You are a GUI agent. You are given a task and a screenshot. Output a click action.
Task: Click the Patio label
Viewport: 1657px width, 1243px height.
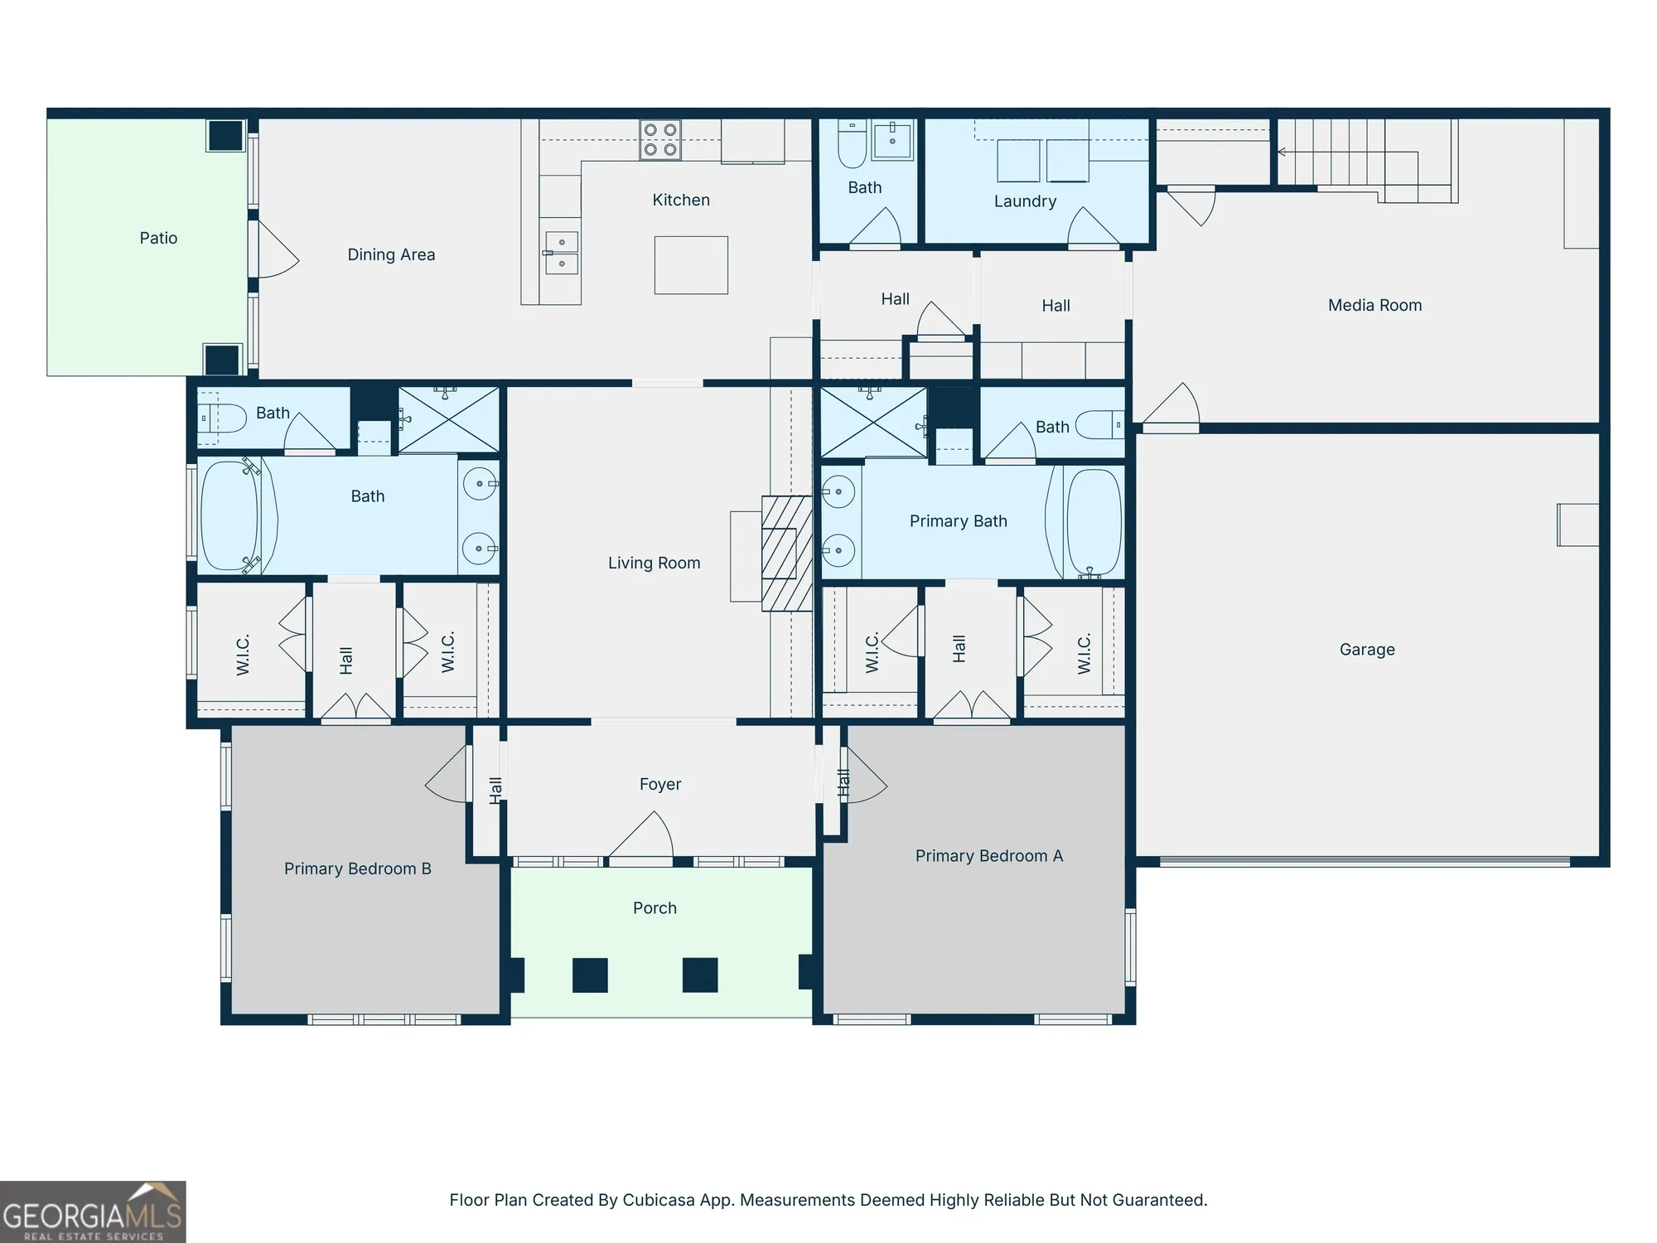click(158, 239)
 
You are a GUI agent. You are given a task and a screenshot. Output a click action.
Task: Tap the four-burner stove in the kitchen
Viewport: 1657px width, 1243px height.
click(660, 140)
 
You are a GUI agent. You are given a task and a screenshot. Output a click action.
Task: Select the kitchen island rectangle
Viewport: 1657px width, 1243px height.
click(691, 265)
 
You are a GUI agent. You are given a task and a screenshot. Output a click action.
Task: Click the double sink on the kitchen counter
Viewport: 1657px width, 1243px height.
click(562, 253)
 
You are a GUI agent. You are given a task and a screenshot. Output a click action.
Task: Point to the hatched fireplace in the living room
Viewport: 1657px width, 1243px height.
click(785, 554)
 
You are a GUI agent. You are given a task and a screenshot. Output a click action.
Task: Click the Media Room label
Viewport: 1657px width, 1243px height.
click(1374, 306)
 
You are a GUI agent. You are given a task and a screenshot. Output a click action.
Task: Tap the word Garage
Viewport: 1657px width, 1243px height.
click(1367, 650)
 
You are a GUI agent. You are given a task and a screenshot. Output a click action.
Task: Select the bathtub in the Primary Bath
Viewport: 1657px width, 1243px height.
click(1094, 523)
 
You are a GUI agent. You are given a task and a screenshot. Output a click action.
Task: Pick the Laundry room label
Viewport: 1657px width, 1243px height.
click(1025, 201)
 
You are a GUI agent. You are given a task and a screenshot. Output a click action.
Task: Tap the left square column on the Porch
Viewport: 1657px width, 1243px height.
click(590, 975)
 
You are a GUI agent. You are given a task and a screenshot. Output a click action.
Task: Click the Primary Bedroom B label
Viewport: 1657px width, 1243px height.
click(357, 868)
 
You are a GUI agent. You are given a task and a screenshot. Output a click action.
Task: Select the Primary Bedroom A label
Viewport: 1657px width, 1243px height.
click(988, 856)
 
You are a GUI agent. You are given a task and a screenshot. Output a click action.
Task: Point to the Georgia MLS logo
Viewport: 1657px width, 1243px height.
click(93, 1212)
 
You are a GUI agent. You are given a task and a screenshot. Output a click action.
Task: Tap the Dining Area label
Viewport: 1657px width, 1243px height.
click(391, 255)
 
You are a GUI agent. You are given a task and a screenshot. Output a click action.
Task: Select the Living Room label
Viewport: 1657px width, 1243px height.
click(654, 563)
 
